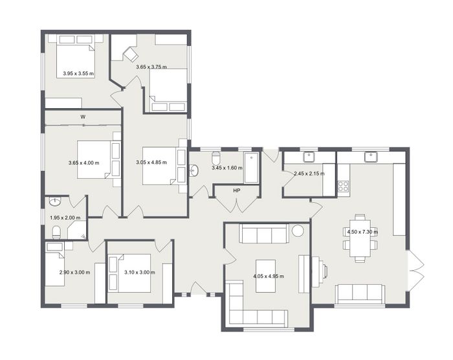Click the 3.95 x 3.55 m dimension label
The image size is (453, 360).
78,73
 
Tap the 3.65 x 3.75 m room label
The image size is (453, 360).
151,67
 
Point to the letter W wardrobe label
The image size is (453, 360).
83,117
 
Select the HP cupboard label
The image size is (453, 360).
237,190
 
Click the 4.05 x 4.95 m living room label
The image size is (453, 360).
269,276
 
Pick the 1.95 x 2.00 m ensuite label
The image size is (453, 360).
65,218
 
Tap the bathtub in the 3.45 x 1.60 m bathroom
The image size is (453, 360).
251,168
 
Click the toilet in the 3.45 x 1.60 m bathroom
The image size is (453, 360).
215,157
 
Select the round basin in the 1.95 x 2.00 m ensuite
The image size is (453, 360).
55,201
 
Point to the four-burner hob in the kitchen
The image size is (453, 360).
343,186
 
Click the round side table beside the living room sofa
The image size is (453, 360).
298,231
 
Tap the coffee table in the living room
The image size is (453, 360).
265,276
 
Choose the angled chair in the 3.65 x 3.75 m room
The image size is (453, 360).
131,54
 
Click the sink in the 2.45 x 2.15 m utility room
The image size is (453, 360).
309,157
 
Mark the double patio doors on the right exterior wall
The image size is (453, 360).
416,271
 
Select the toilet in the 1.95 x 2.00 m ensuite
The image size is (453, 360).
56,232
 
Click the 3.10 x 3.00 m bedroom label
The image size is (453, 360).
140,272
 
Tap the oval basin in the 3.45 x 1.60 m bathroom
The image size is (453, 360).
194,170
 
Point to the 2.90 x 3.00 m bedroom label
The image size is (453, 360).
74,272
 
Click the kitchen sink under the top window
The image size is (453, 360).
370,157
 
